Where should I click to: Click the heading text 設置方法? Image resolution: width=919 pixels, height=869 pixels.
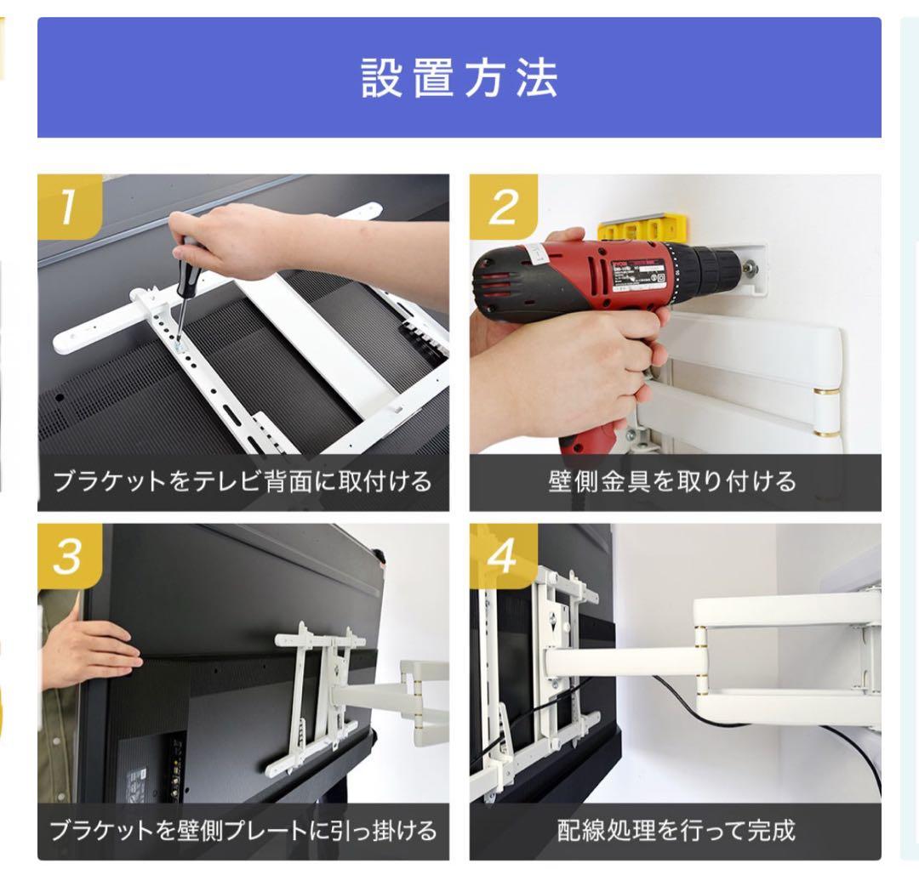459,79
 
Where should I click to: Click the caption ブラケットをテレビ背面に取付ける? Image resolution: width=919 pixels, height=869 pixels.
243,482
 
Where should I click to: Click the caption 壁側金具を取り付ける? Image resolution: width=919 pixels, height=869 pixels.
675,482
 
